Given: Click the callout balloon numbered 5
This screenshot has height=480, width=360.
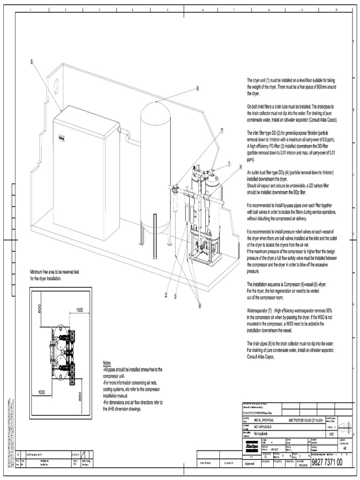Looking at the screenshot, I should (31, 61).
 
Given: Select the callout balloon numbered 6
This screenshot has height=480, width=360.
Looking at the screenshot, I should (197, 88).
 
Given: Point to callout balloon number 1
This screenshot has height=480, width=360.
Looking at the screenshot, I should (230, 164).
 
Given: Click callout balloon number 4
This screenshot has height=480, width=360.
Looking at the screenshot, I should (240, 166).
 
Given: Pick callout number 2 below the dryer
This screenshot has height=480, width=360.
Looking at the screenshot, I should (165, 295).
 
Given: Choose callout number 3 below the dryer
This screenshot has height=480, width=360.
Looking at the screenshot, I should (175, 296).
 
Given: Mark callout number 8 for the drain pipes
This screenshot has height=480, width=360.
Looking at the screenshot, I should (200, 306).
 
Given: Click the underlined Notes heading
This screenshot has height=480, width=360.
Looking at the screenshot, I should (107, 364).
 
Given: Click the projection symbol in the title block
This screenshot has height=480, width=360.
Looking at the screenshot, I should (344, 426).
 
